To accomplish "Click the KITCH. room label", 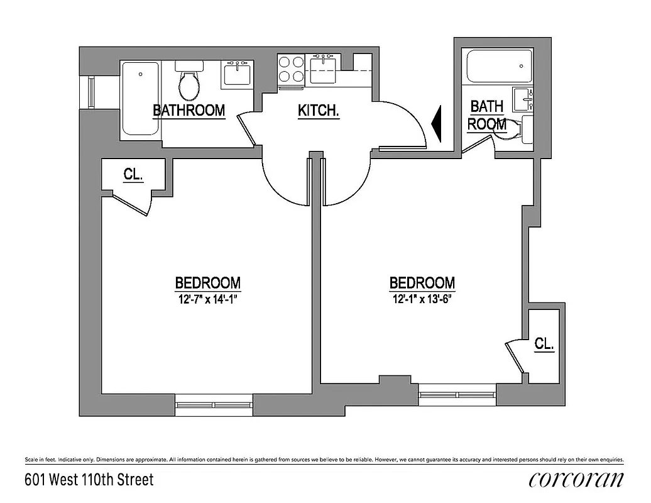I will [x=319, y=111].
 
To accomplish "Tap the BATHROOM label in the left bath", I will [x=189, y=110].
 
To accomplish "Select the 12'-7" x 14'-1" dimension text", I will [x=207, y=299].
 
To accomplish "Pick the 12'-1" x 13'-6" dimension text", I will [x=422, y=299].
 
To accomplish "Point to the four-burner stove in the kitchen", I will [x=292, y=69].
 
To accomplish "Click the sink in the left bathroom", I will [x=239, y=74].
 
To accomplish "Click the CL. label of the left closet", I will [x=133, y=175].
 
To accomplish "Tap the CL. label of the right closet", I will [x=544, y=343].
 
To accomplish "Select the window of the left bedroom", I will [x=214, y=404].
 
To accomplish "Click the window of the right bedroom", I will [x=458, y=394].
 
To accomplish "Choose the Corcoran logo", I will [x=576, y=480].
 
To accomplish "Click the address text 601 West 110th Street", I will [x=89, y=480].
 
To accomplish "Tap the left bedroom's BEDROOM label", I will [x=207, y=282].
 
